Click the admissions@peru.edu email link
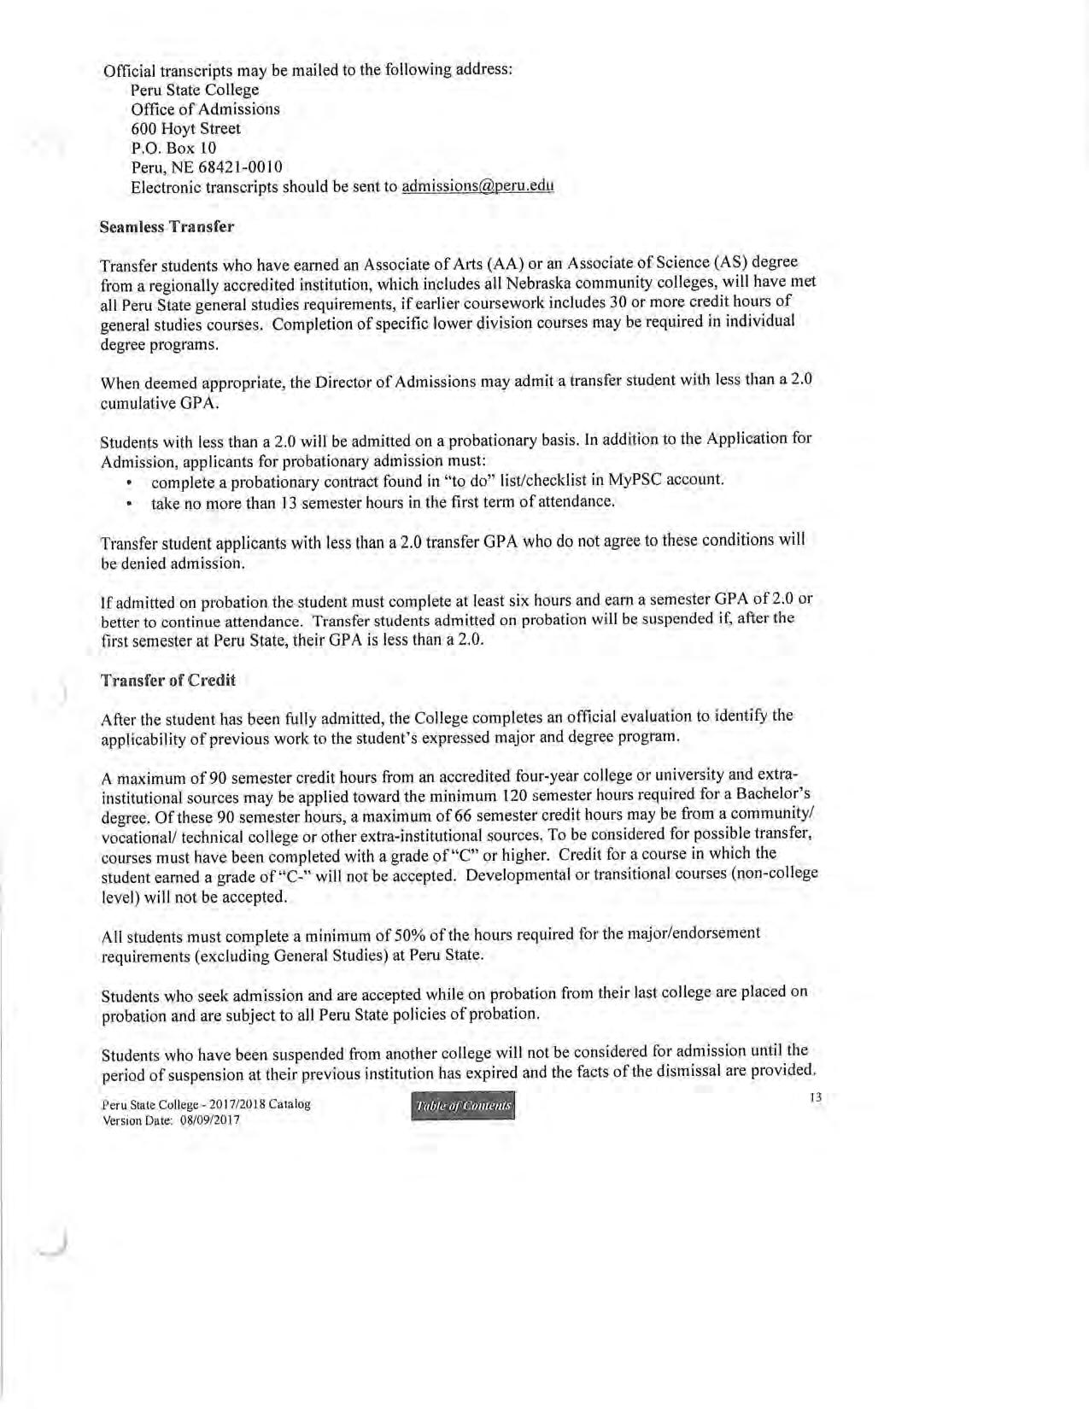click(477, 187)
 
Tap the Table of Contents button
click(464, 1108)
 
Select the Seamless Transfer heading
click(167, 228)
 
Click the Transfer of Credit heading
click(167, 681)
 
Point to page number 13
click(815, 1097)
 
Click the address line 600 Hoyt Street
click(185, 129)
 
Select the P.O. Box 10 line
click(173, 148)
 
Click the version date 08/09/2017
click(209, 1120)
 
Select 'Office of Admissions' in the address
click(205, 109)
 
